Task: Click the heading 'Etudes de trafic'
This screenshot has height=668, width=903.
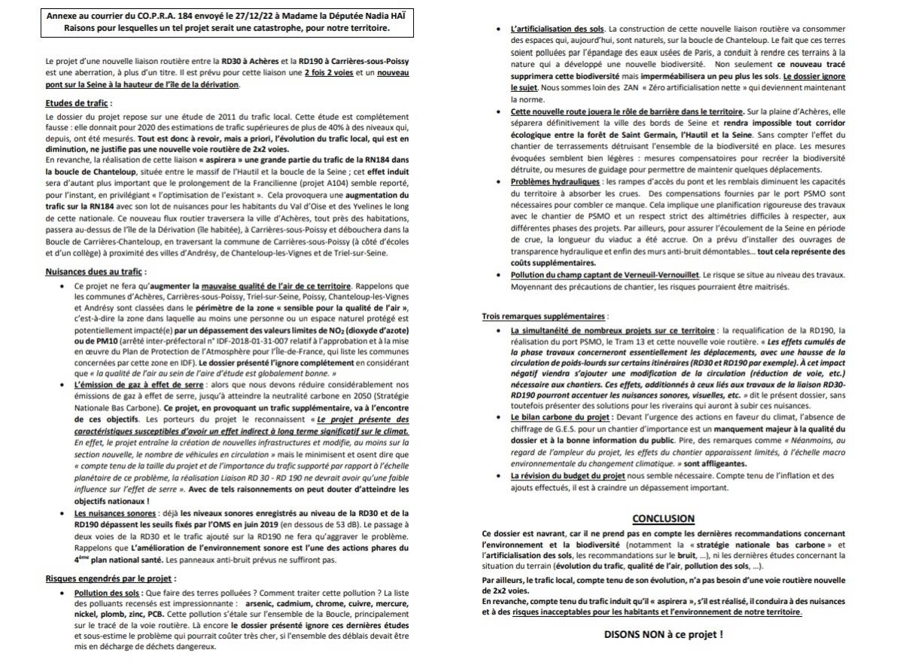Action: click(78, 103)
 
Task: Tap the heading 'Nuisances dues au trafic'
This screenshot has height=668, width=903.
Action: click(96, 271)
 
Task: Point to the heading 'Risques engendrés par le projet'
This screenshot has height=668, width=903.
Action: click(110, 578)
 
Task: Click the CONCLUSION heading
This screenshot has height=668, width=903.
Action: click(663, 519)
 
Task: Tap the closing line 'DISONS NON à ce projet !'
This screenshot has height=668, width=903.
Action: click(663, 633)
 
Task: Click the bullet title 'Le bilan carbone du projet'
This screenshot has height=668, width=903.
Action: click(558, 416)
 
